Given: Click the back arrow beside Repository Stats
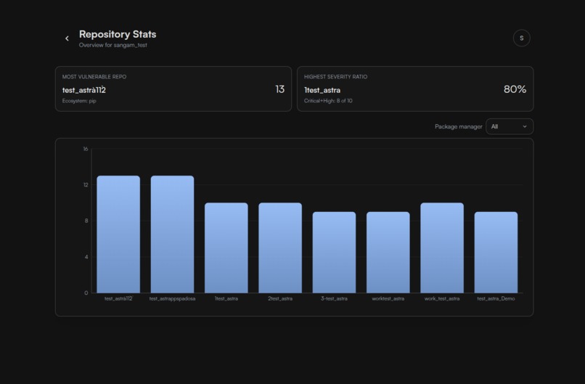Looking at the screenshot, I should (67, 38).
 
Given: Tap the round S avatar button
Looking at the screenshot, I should (521, 38).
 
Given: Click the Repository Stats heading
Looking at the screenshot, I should (118, 34).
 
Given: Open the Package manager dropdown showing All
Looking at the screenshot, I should (510, 126).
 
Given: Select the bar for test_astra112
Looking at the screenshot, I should (118, 234).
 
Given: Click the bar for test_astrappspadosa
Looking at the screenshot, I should (172, 234).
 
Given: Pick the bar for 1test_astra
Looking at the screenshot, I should (226, 248).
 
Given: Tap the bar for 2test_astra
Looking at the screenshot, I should (280, 248).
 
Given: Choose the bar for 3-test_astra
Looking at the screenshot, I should (334, 252).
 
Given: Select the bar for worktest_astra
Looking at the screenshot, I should (388, 252).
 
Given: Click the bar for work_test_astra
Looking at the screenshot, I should (442, 248).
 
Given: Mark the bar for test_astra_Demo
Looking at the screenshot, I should (496, 252).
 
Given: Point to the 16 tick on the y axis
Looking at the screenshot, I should (86, 149).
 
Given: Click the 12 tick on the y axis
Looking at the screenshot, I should (86, 185).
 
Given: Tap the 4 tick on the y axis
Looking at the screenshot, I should (86, 257).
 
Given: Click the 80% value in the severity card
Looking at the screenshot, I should (515, 89).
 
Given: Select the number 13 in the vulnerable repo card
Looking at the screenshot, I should (279, 89).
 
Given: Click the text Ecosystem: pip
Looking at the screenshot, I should (79, 101).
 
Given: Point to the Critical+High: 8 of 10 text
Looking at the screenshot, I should (328, 101).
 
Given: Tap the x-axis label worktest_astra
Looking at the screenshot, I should (388, 298).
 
